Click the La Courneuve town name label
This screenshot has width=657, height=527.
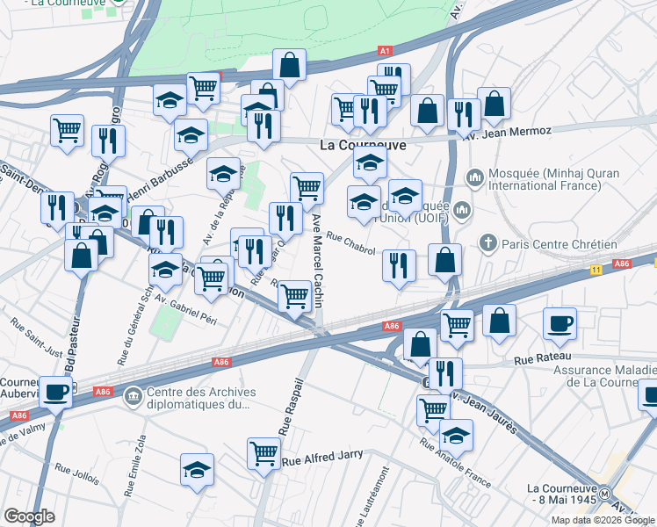(x=363, y=145)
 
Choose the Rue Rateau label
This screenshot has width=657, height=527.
(x=537, y=357)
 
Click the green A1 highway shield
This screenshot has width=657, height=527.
(x=385, y=51)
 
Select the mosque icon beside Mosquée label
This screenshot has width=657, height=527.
(x=475, y=178)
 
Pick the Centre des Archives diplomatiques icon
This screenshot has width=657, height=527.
(x=133, y=395)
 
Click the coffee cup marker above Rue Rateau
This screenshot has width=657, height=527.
(x=560, y=324)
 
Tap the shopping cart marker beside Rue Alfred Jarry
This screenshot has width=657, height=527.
(x=264, y=453)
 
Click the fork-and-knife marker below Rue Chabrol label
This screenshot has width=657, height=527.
(x=399, y=265)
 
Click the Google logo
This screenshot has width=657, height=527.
(x=30, y=516)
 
